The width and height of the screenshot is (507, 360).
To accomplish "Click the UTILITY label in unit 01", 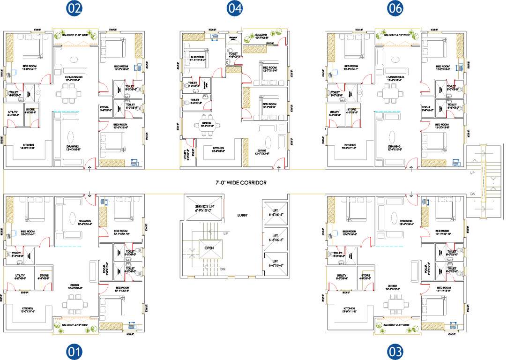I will pyautogui.click(x=18, y=276).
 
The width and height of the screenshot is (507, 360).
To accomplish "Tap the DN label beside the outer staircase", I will pyautogui.click(x=472, y=194).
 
